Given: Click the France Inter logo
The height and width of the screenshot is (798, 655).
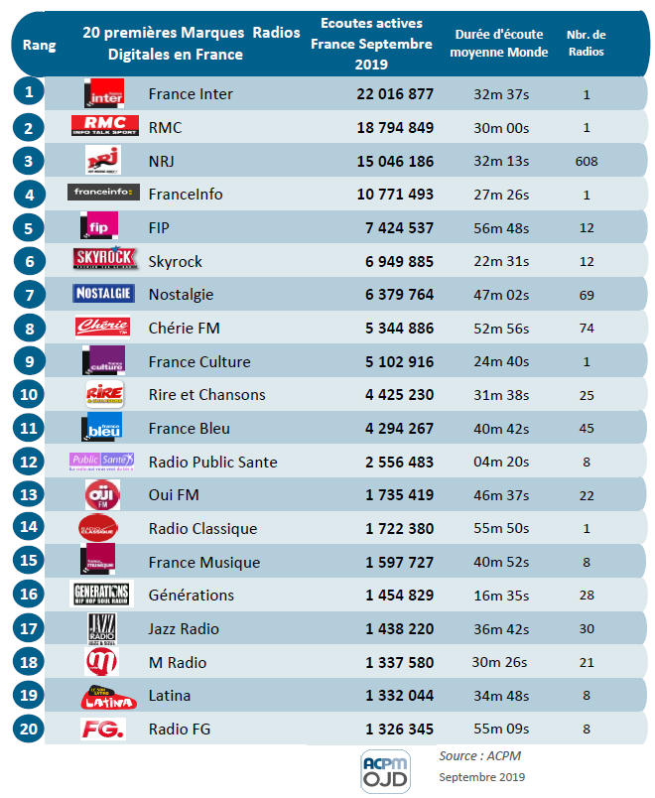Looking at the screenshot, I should coord(103,93).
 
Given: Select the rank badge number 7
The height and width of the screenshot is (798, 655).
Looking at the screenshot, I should coord(30,294).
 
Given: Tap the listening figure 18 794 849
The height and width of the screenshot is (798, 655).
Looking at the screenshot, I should coord(395,128).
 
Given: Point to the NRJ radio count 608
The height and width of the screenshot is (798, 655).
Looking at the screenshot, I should coord(587,161).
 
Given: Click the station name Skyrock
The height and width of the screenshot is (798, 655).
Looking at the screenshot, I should coord(175,261).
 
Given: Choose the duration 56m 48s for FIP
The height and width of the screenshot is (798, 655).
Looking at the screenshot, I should coord(500,227).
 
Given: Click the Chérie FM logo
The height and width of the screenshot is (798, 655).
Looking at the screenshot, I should coord(103,328).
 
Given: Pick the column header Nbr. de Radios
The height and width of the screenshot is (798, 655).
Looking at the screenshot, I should coord(587,44).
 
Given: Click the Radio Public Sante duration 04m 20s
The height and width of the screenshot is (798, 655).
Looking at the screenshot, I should coord(500,462).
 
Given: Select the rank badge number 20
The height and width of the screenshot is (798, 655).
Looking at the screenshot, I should coord(30,729).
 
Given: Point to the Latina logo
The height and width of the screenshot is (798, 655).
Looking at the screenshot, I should coord(103,696).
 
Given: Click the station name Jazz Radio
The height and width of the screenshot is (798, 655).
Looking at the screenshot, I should coord(184,628).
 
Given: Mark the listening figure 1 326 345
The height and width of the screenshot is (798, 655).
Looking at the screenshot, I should coord(399,730).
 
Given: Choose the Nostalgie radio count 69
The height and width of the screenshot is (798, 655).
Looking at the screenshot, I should coord(587,295).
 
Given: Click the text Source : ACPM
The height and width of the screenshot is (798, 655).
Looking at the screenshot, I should coord(479,755).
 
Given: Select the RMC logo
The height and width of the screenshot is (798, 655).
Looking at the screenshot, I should coord(103,127).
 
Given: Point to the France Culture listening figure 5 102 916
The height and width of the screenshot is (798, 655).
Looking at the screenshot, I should coord(399,361).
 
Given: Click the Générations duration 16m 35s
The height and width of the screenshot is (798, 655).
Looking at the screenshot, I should coord(500,596).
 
